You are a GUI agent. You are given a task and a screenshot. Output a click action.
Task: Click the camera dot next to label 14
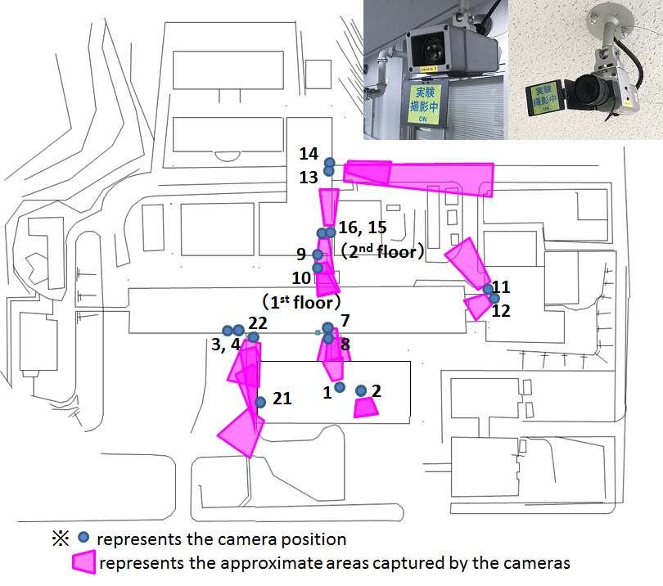coord(329,163)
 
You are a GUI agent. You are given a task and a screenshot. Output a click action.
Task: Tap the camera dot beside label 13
coord(328,171)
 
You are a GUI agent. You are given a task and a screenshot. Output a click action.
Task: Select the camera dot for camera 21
coord(260,402)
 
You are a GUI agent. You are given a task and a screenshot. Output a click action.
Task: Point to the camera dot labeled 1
coord(340,387)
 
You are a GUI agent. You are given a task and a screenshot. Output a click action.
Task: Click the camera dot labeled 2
coord(361,390)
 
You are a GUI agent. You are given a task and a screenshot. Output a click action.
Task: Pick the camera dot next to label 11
coord(488,289)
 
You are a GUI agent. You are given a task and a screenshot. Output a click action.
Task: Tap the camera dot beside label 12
coord(494,299)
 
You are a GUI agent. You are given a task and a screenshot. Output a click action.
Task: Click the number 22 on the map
coord(258,323)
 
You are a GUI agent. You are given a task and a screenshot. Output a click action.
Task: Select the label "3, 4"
coord(226,345)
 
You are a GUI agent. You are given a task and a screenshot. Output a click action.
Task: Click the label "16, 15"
coord(363,228)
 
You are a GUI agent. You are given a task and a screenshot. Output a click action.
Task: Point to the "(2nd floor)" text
coord(382,251)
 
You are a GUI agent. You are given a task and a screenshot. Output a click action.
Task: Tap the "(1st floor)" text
coord(301,302)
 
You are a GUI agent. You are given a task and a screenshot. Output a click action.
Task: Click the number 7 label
coord(345,321)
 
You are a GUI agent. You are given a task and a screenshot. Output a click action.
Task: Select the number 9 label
coord(301,254)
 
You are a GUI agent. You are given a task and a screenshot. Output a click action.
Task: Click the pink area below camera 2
coord(366,408)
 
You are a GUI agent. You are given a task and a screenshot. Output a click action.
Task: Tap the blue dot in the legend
coord(83,538)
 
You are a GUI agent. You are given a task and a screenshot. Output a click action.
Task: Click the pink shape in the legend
coord(83,562)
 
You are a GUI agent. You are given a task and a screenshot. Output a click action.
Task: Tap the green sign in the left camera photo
coord(424,104)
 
